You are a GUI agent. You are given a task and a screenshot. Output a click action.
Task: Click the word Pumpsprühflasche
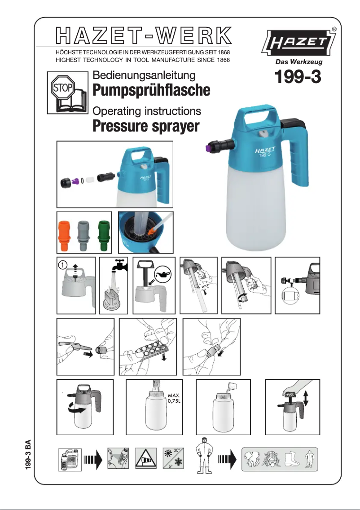151,90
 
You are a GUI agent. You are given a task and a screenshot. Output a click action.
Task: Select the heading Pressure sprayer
145,127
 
